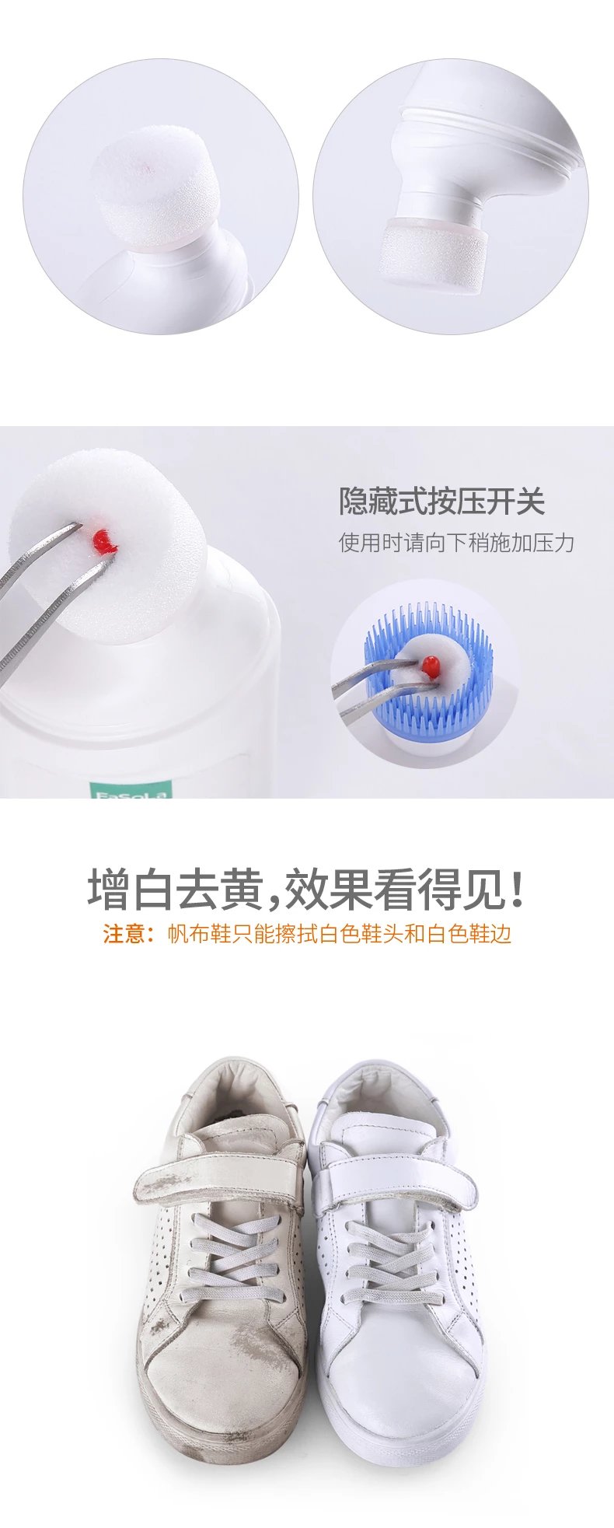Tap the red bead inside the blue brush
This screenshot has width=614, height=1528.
[430, 665]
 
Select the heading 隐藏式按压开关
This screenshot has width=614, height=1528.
[441, 502]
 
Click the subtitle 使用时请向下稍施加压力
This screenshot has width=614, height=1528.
[456, 542]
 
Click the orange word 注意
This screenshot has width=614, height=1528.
[124, 933]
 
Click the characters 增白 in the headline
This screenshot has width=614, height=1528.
[130, 890]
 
